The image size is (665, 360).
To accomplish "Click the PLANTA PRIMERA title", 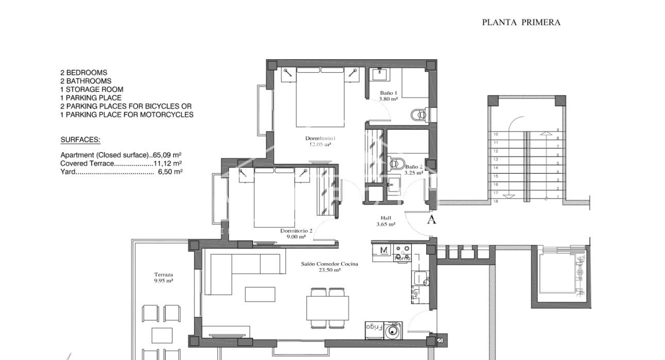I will point(521,22).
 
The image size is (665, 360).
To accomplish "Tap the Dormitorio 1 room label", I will point(320,138).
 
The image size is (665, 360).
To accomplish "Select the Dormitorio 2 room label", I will point(296,231).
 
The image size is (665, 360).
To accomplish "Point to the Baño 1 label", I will point(388,93).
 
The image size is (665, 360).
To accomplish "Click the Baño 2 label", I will point(414,167).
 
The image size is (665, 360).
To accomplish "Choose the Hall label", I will point(386,218).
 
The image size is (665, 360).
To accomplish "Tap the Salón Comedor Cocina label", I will point(329,264).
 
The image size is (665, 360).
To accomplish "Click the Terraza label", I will point(163,275).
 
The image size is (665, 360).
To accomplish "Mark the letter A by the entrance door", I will point(432,220).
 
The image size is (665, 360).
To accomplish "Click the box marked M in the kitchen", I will point(384,250).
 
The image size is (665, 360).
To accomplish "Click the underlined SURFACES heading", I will point(80,140).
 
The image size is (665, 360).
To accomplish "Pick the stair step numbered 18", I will point(496,201).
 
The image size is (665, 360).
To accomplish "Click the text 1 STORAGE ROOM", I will point(92,89).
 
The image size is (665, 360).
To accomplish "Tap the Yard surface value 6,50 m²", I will point(170,172).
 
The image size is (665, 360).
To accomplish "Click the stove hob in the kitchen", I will point(402,252).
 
